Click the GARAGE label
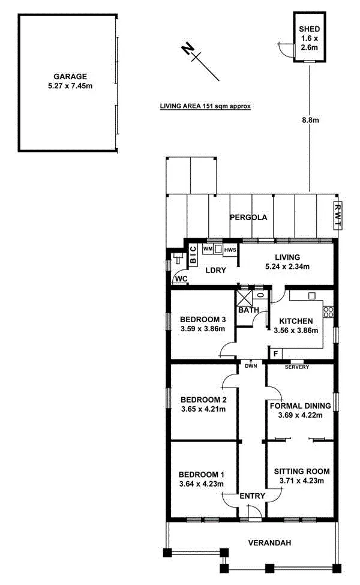[70, 76]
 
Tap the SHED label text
[310, 29]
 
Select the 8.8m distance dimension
[310, 120]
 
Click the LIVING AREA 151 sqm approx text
[205, 106]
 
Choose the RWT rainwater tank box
[337, 216]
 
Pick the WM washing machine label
[207, 248]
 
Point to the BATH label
[248, 310]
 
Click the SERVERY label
[296, 367]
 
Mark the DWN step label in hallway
[250, 365]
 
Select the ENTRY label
[251, 496]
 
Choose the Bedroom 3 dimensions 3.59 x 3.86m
[202, 329]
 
